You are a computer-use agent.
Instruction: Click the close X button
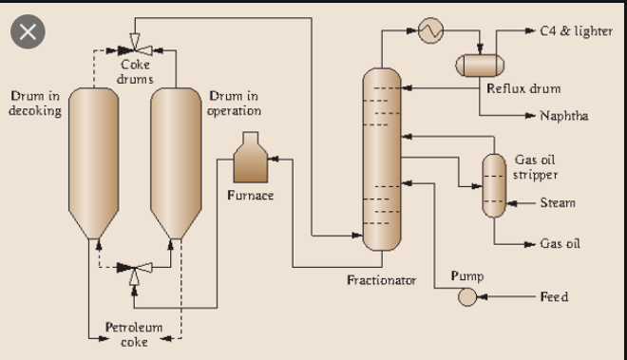point(28,32)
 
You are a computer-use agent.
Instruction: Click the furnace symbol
point(250,160)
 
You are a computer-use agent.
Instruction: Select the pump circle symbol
point(467,297)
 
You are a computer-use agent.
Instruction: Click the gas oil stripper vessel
point(493,184)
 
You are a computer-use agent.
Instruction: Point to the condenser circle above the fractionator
point(432,30)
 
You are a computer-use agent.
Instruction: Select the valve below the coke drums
point(134,270)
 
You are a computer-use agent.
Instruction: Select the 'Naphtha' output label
point(563,116)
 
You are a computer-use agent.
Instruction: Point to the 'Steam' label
point(558,202)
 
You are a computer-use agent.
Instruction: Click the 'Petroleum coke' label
point(133,334)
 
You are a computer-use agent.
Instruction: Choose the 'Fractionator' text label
point(381,280)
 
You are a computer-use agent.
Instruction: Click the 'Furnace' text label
point(250,196)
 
